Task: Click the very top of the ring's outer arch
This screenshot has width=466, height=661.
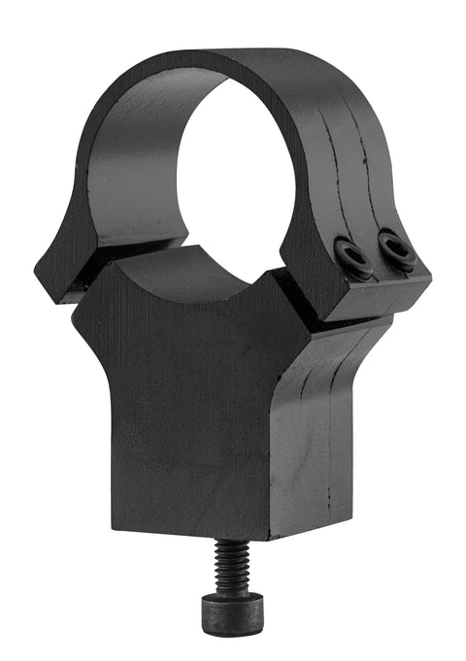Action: coord(243,56)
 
